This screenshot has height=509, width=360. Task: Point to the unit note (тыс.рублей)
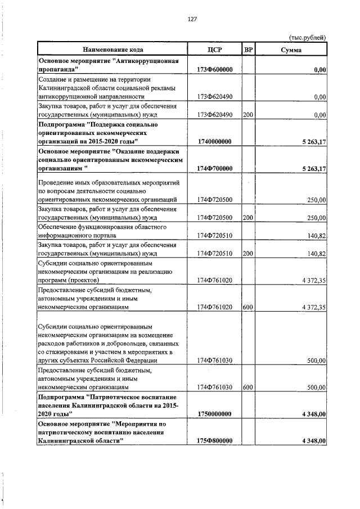pos(307,38)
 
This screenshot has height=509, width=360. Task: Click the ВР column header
pos(248,50)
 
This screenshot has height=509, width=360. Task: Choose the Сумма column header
pos(291,50)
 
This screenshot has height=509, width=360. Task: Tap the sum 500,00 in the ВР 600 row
pos(317,388)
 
